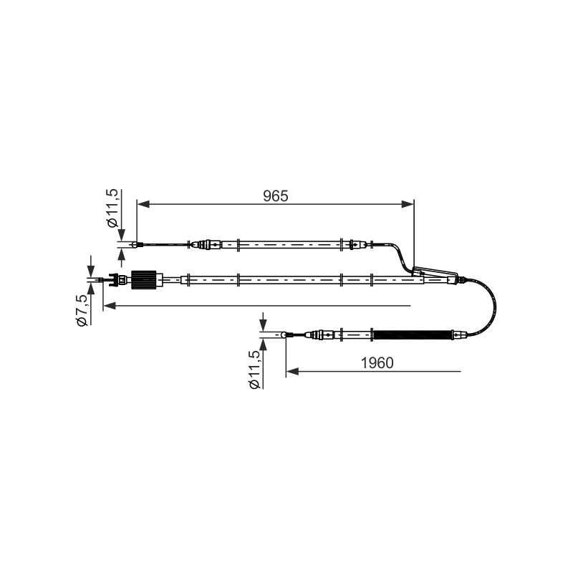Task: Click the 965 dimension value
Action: [276, 196]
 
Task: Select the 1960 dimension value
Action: [377, 363]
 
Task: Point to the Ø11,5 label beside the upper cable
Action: [112, 208]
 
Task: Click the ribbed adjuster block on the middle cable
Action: [144, 280]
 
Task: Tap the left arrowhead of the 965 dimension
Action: [143, 204]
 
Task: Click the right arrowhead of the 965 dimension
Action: [408, 204]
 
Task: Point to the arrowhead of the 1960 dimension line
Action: [292, 372]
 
